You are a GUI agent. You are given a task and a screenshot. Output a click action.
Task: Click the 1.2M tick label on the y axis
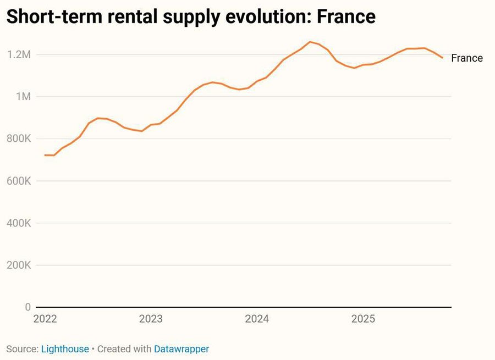tap(19, 54)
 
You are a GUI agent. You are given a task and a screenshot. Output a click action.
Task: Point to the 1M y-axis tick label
tap(23, 97)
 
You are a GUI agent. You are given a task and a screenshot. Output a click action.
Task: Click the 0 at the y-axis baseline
tap(27, 307)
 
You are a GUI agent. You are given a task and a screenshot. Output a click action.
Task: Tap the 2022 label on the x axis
tap(45, 319)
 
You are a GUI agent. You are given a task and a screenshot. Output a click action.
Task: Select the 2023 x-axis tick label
tap(151, 319)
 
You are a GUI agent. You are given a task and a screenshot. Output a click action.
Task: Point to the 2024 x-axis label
tap(257, 319)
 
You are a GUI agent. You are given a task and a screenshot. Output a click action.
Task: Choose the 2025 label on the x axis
tap(363, 319)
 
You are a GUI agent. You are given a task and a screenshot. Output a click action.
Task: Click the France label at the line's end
tap(467, 58)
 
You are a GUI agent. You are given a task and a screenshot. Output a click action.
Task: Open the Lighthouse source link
tap(65, 349)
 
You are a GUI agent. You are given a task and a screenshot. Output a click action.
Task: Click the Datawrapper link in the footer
tap(182, 349)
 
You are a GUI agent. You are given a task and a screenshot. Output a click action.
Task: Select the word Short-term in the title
tap(49, 16)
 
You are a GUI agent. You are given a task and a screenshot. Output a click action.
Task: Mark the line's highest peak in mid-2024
tap(310, 41)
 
